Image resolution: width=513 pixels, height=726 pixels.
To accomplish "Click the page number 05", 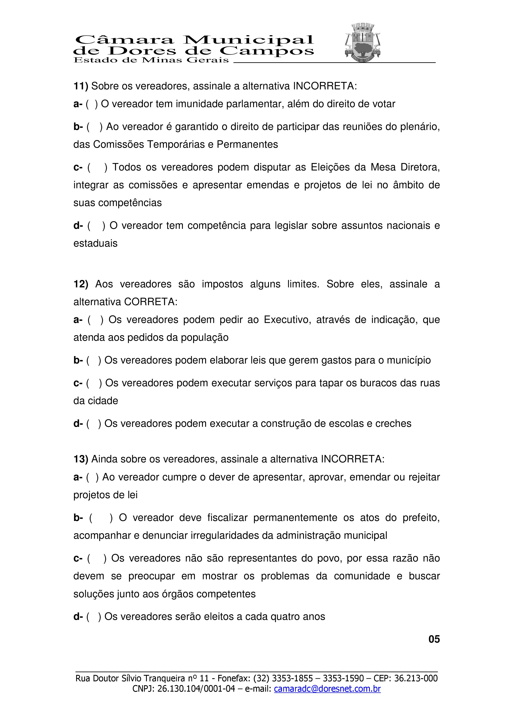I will (x=434, y=639).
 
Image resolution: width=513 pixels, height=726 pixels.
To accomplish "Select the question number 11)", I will (x=81, y=86).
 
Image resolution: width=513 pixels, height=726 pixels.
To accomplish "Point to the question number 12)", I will (x=81, y=284).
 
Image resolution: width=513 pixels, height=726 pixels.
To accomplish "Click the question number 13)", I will (x=81, y=459).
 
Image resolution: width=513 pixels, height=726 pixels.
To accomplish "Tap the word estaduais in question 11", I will (x=95, y=244).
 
